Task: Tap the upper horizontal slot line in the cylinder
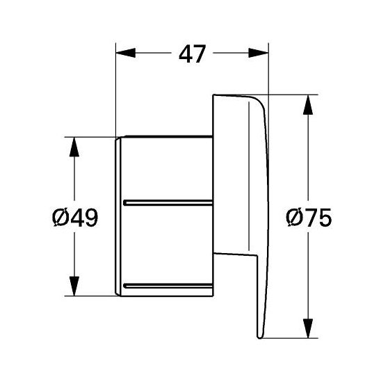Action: pyautogui.click(x=167, y=202)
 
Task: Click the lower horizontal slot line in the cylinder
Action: pyautogui.click(x=167, y=284)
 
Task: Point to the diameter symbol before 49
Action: pyautogui.click(x=60, y=218)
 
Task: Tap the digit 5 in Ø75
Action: pyautogui.click(x=321, y=218)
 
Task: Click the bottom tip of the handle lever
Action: pyautogui.click(x=259, y=337)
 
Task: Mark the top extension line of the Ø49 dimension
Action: pyautogui.click(x=90, y=138)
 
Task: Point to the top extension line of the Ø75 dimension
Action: pyautogui.click(x=289, y=95)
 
